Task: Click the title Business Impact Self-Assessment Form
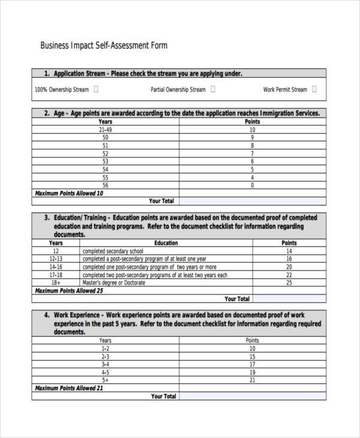click(x=103, y=46)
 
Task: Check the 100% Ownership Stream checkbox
click(x=97, y=89)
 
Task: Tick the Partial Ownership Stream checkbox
click(x=213, y=89)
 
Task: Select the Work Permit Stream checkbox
click(x=315, y=89)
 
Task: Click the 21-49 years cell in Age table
click(x=105, y=130)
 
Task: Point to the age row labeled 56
click(x=105, y=185)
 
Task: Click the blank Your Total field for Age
click(x=253, y=201)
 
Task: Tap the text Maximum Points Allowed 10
click(x=69, y=193)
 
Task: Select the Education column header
click(x=166, y=243)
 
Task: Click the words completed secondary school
click(x=113, y=251)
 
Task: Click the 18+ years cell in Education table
click(x=56, y=283)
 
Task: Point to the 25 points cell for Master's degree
click(x=289, y=283)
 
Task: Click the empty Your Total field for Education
click(x=289, y=298)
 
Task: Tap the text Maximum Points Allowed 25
click(x=69, y=290)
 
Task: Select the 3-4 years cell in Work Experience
click(x=105, y=364)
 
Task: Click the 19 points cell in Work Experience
click(x=253, y=372)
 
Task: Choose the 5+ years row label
click(x=105, y=380)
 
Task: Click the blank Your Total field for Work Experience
click(x=253, y=396)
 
